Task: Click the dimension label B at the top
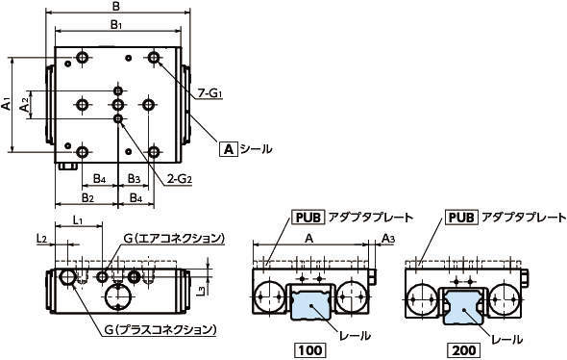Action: point(116,6)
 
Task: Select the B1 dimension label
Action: point(116,25)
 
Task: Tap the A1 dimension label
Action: point(6,102)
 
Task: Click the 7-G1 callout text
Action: point(210,93)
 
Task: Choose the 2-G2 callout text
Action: point(179,178)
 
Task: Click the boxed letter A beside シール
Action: point(229,149)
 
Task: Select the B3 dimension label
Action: point(135,178)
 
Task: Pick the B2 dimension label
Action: point(87,197)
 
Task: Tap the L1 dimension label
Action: point(78,219)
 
